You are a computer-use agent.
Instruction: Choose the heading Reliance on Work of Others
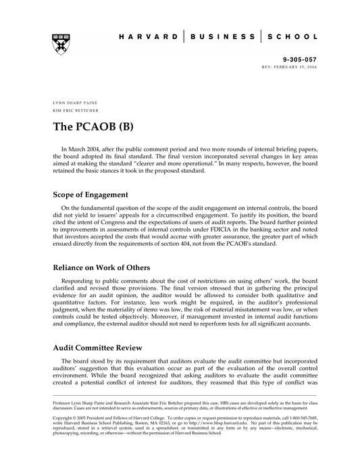click(107, 267)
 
